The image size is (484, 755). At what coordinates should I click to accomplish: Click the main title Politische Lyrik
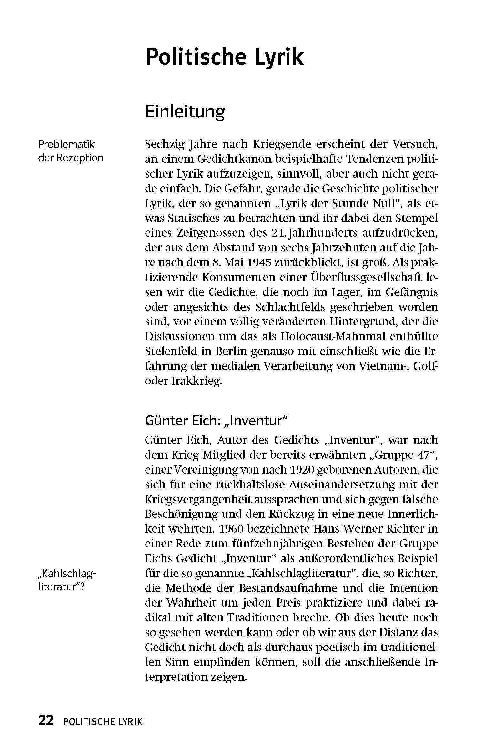[x=224, y=57]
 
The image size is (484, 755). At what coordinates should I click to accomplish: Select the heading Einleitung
[x=185, y=112]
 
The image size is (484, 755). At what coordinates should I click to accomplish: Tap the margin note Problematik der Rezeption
[x=71, y=151]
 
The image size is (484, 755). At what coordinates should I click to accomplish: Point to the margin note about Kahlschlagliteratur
[x=67, y=580]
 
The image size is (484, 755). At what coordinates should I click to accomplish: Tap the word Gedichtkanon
[x=226, y=159]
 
